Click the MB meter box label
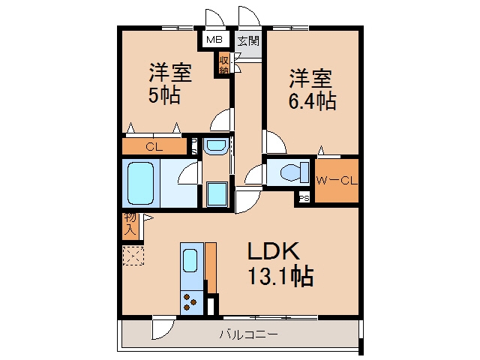tap(214, 39)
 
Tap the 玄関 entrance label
tap(248, 40)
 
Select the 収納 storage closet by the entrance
tap(223, 63)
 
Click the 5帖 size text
tap(164, 95)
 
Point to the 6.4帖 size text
tap(312, 100)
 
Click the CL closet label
tap(154, 147)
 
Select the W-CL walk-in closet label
tap(337, 181)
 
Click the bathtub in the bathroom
tap(140, 183)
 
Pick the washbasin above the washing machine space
tap(216, 146)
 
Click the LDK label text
tap(273, 251)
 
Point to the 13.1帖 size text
tap(280, 276)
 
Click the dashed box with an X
tap(133, 256)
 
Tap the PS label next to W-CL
tap(304, 198)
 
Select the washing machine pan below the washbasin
tap(217, 194)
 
